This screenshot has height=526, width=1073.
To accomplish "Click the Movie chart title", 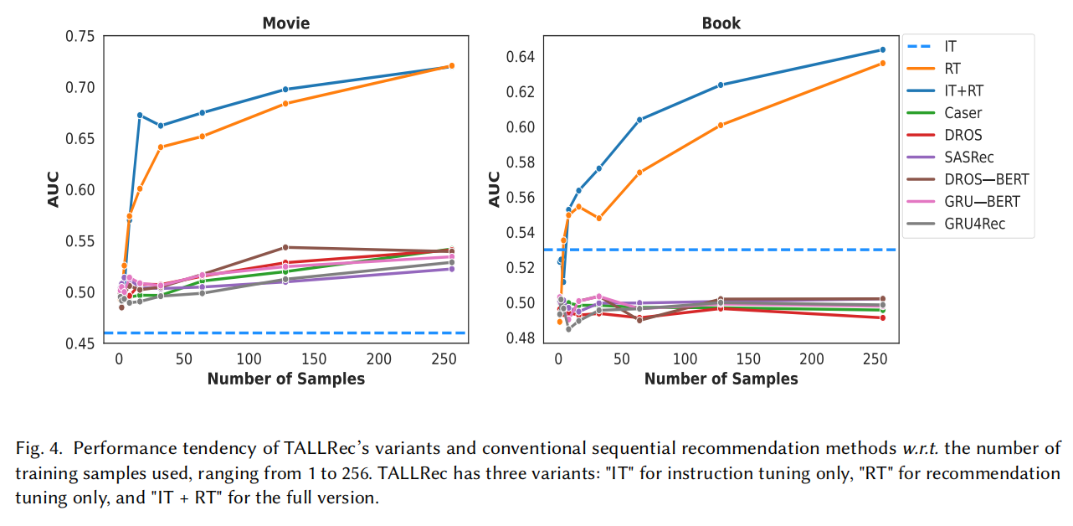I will pyautogui.click(x=285, y=23).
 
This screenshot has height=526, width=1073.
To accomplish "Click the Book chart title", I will pyautogui.click(x=721, y=23).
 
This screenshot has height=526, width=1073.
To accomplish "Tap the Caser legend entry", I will pyautogui.click(x=963, y=112).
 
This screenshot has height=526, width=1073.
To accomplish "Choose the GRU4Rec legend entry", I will pyautogui.click(x=974, y=223).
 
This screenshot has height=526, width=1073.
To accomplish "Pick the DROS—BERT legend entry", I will pyautogui.click(x=986, y=179).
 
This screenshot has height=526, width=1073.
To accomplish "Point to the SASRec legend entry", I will pyautogui.click(x=968, y=157).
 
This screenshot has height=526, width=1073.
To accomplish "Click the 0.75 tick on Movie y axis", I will pyautogui.click(x=80, y=36).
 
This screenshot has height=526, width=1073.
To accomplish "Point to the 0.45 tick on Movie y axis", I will pyautogui.click(x=80, y=343).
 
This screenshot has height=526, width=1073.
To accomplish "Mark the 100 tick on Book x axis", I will pyautogui.click(x=685, y=359).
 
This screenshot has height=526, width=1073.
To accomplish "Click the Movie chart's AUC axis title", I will pyautogui.click(x=54, y=189).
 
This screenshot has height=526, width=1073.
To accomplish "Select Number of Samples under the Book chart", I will pyautogui.click(x=721, y=379).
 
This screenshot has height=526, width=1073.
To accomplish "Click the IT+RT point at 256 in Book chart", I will pyautogui.click(x=882, y=49).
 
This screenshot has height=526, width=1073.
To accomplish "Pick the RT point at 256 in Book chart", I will pyautogui.click(x=882, y=63).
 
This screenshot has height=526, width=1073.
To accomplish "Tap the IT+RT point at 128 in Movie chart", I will pyautogui.click(x=285, y=89).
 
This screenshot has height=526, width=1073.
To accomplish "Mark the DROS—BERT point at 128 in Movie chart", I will pyautogui.click(x=285, y=247).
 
